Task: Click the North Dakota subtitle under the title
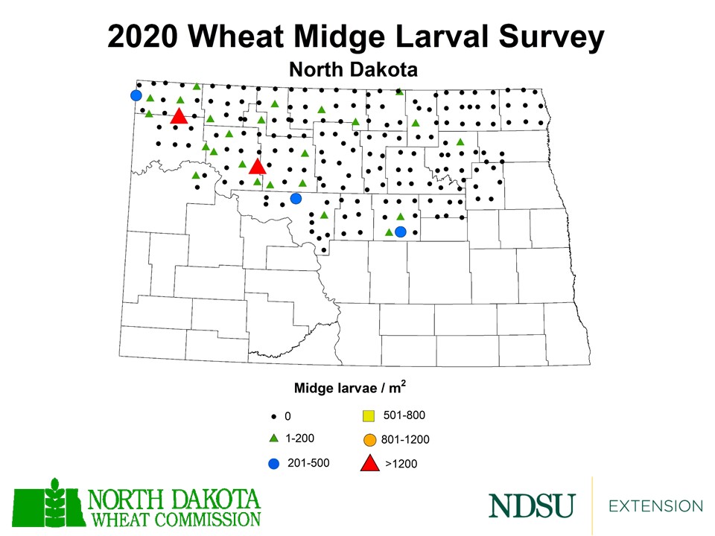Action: tap(352, 70)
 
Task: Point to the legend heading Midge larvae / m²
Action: tap(349, 388)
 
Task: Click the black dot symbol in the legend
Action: tap(273, 416)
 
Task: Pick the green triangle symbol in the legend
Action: tap(273, 438)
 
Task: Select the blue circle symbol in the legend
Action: tap(273, 464)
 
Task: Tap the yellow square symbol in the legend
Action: tap(368, 416)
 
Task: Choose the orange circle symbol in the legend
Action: tap(369, 440)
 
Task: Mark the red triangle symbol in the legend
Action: tap(369, 463)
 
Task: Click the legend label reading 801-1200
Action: tap(405, 440)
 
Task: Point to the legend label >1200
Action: tap(401, 465)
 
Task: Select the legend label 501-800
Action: tap(404, 415)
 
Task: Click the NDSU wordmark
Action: tap(532, 505)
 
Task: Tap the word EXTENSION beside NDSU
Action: tap(655, 506)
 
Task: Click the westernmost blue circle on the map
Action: tap(136, 95)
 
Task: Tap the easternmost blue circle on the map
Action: tap(400, 232)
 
